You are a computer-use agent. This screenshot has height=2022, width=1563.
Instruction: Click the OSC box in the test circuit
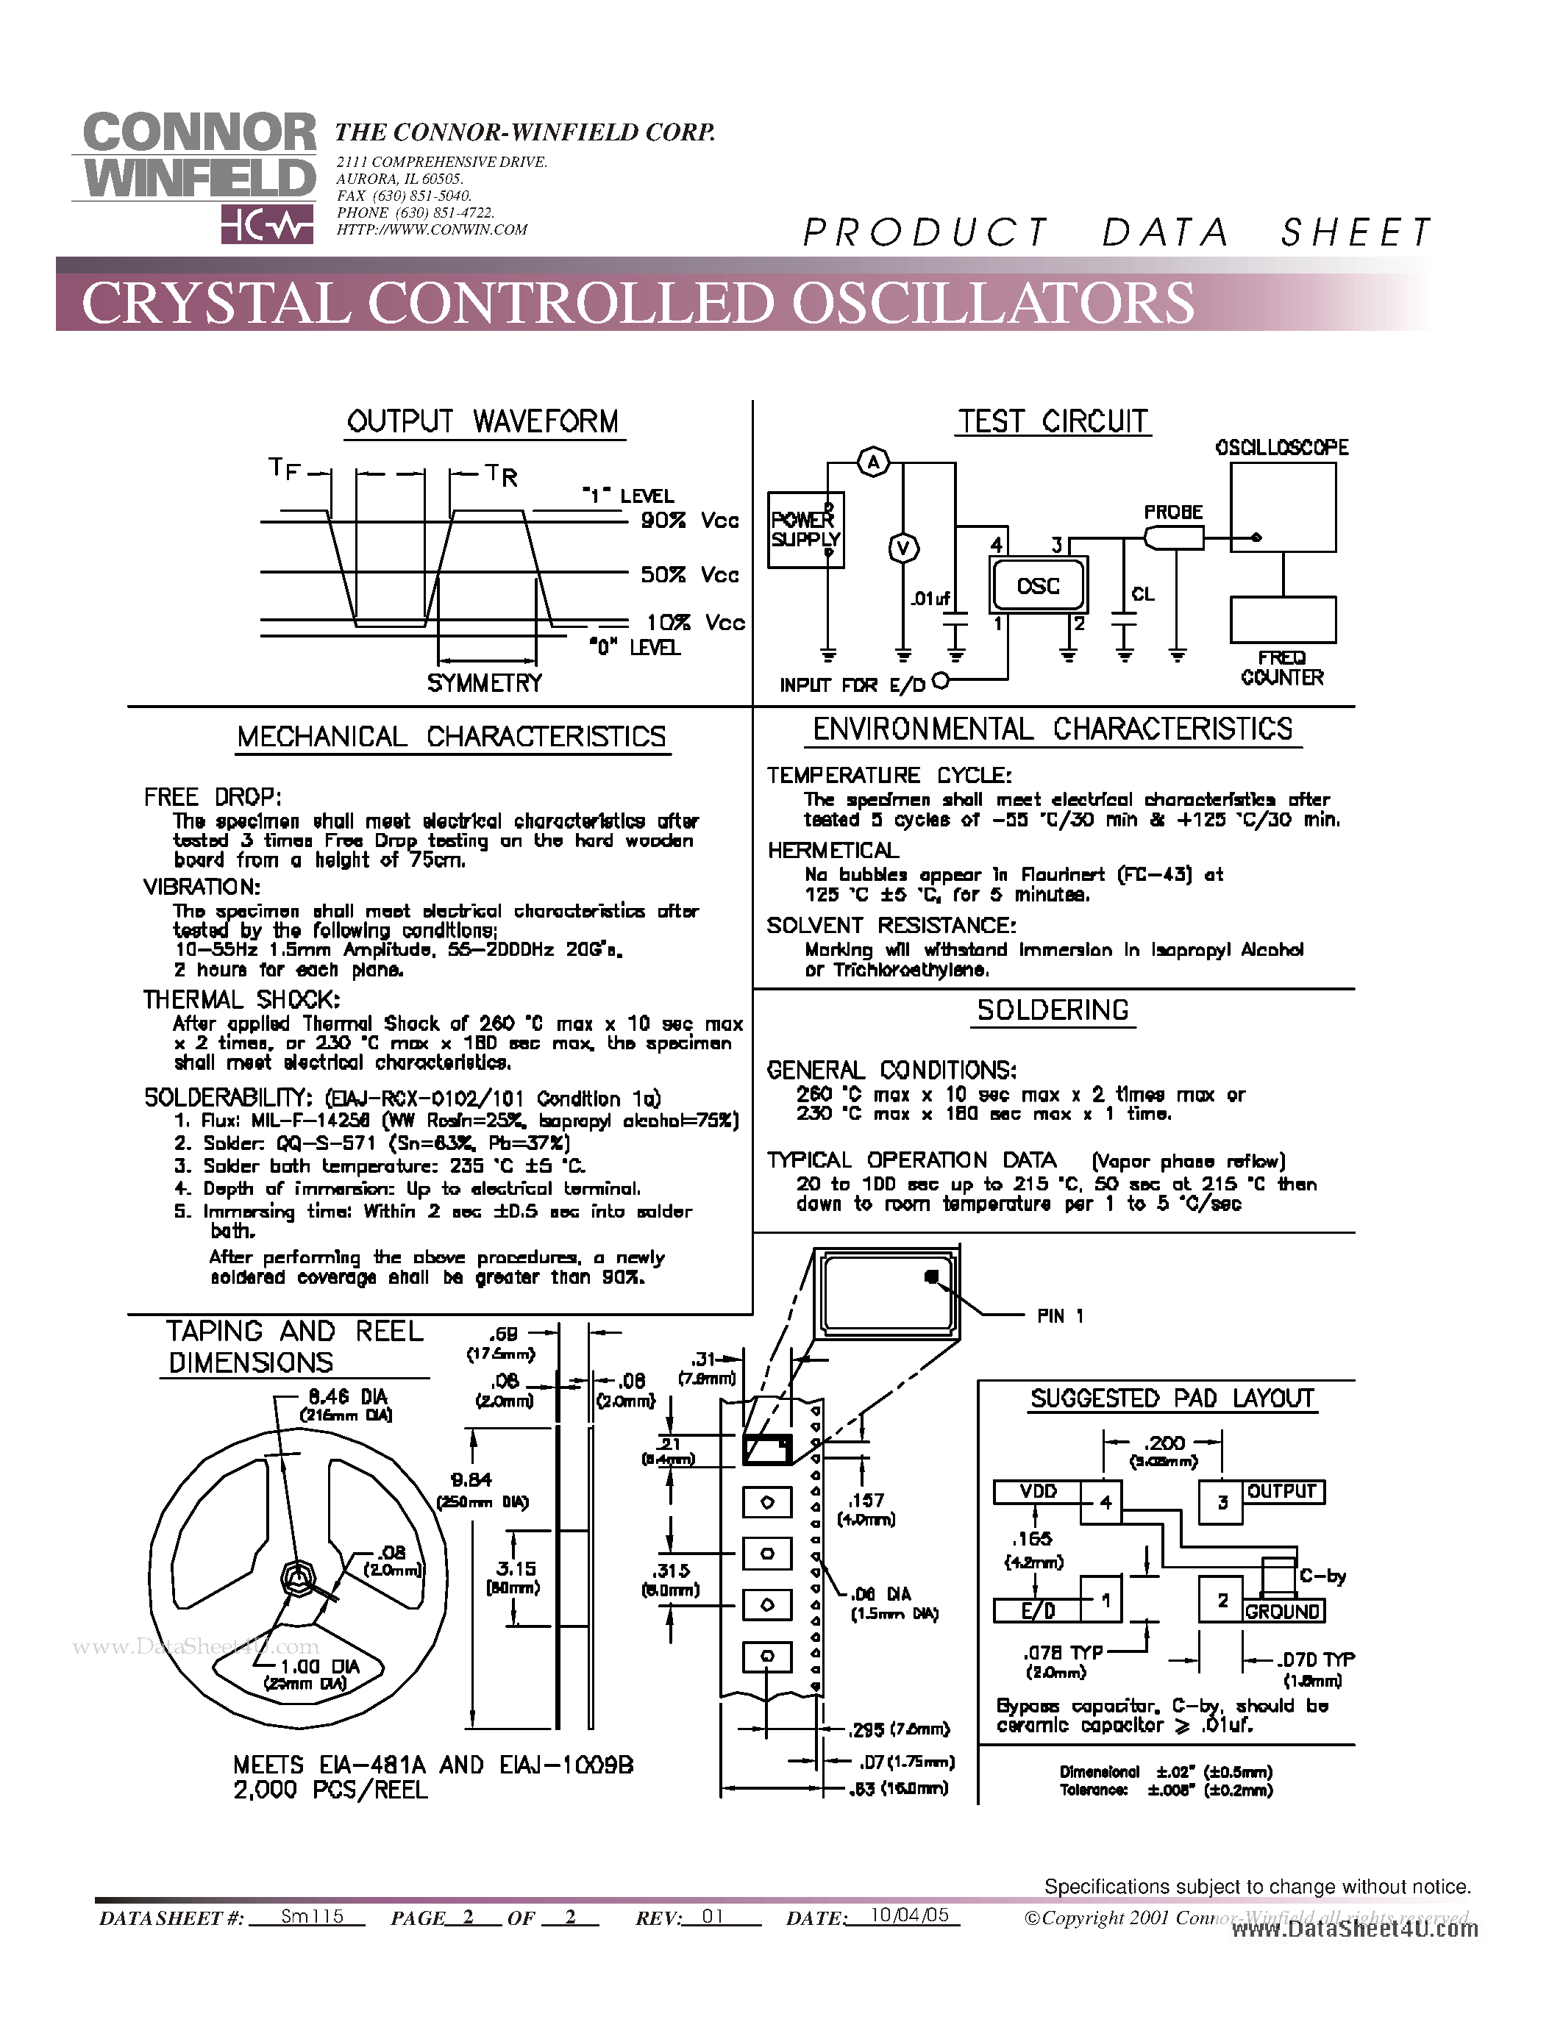click(x=1038, y=586)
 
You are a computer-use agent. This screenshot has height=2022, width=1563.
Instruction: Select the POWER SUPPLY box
click(x=805, y=529)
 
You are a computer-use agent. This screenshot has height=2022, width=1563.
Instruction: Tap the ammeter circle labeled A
click(x=873, y=461)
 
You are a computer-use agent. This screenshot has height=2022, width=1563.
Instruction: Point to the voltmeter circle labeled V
click(x=904, y=548)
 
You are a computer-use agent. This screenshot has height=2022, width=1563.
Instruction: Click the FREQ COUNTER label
click(x=1283, y=668)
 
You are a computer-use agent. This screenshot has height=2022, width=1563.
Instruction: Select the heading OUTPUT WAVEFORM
click(x=483, y=422)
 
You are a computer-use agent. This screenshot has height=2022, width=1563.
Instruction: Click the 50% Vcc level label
click(x=690, y=575)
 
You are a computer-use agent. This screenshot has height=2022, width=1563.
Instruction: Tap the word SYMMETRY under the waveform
click(x=484, y=683)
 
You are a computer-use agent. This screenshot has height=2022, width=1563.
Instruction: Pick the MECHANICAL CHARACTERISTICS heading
click(x=451, y=737)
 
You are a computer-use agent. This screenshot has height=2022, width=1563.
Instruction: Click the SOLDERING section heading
click(x=1053, y=1010)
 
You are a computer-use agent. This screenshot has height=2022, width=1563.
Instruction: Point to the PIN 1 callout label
click(x=1059, y=1315)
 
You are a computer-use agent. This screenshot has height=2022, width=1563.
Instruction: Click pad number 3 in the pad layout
click(x=1222, y=1501)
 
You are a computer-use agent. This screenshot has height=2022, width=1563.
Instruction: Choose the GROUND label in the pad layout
click(x=1283, y=1612)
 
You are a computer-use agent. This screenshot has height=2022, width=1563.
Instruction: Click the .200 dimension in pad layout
click(x=1163, y=1443)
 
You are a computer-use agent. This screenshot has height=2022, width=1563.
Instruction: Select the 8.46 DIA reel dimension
click(x=348, y=1397)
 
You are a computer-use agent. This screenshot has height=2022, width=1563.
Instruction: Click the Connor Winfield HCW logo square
click(x=267, y=225)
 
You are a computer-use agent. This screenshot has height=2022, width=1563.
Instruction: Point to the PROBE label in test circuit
click(x=1173, y=512)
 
